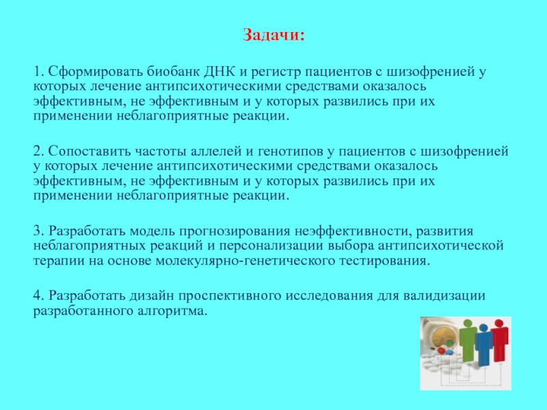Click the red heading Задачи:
(x=273, y=35)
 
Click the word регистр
(x=276, y=72)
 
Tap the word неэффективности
(x=353, y=231)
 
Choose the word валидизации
(x=444, y=296)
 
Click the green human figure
(x=468, y=340)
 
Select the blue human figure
(x=484, y=344)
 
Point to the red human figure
(x=499, y=340)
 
